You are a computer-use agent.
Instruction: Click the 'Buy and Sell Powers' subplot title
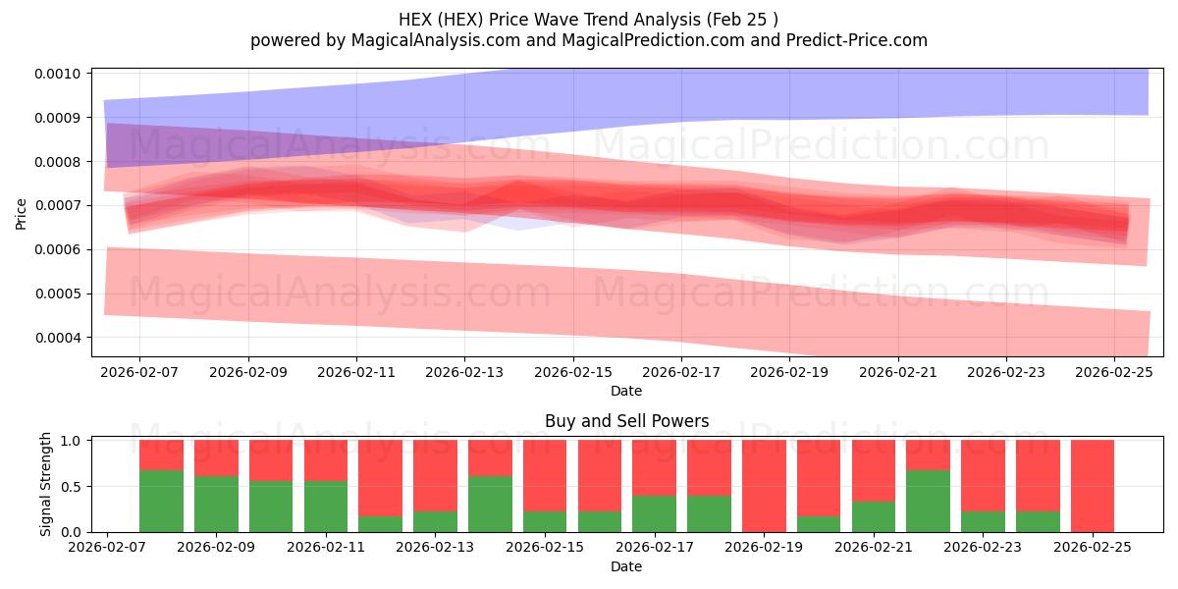626,421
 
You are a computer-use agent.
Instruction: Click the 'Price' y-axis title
22,213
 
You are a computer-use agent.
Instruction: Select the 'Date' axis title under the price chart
626,391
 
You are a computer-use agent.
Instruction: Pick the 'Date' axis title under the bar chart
626,566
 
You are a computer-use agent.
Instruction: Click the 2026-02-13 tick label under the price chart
464,372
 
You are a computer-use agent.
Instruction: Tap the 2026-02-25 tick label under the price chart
1114,372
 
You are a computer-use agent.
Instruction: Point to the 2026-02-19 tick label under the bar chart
765,548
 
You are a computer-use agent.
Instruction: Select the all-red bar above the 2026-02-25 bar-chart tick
1093,486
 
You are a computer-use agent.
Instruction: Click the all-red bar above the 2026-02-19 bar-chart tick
764,486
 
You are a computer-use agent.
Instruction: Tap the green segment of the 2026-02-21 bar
928,501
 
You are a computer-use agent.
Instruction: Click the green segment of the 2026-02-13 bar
490,504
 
